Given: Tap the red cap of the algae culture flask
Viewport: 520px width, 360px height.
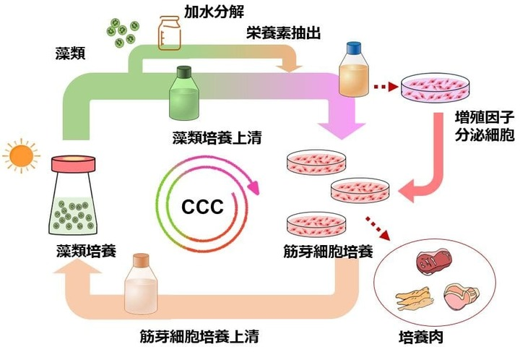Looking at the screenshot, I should click(x=72, y=142).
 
